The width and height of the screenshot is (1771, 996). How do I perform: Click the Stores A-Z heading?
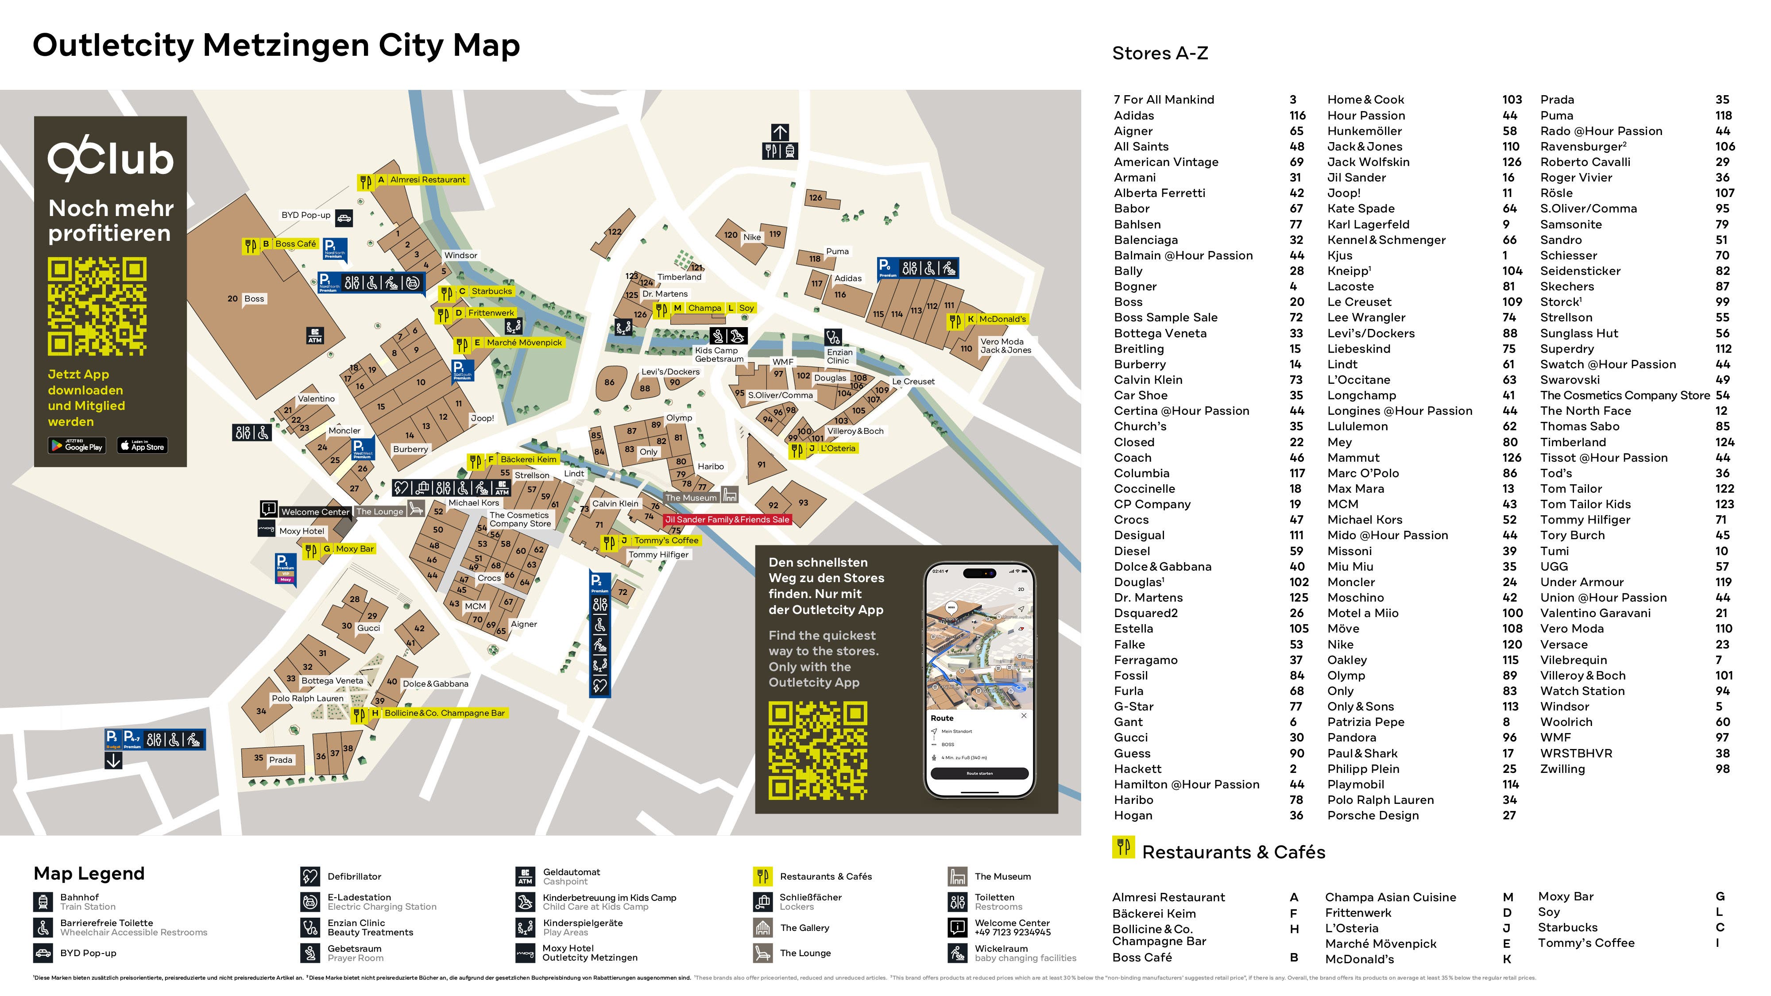pos(1160,53)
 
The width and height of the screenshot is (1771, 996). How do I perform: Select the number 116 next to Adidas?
pos(1297,116)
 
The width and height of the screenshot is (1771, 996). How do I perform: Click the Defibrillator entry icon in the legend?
pos(309,876)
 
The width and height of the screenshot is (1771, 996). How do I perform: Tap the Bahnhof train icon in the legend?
pos(43,902)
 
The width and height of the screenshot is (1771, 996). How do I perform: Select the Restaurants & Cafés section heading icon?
pos(1123,848)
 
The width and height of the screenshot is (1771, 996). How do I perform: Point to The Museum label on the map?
pos(691,498)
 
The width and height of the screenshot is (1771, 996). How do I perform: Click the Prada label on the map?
pos(281,760)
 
